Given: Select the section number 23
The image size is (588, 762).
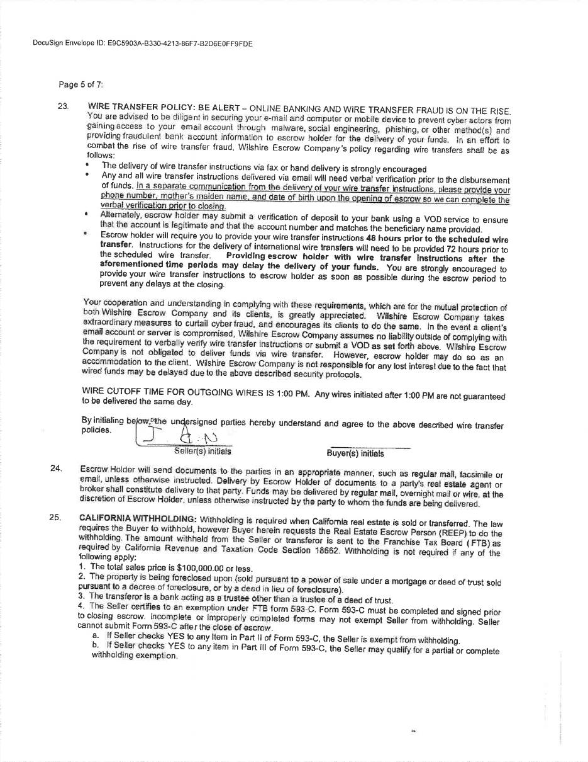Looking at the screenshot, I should pos(63,106).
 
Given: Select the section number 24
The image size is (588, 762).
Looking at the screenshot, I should pos(55,468).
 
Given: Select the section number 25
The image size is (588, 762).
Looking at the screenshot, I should pos(55,518).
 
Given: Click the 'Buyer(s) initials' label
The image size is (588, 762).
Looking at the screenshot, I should pos(355,453).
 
